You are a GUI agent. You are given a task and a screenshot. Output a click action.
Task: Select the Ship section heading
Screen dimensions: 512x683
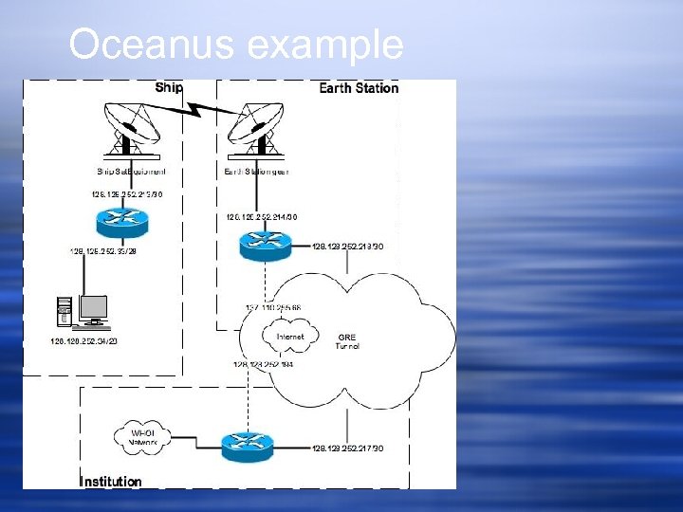169,87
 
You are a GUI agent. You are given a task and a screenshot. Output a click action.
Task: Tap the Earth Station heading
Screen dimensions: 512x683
359,88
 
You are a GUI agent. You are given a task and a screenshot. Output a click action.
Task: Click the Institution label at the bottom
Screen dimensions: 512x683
110,482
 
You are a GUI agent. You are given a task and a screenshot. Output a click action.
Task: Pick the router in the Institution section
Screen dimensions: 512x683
247,446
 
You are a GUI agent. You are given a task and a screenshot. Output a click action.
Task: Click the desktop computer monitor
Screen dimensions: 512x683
93,309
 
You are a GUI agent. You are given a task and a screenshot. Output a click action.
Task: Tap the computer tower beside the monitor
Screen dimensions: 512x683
65,314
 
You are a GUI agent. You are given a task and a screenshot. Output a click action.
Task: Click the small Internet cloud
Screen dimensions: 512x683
290,337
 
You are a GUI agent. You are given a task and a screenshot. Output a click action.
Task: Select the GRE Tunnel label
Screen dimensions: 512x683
347,341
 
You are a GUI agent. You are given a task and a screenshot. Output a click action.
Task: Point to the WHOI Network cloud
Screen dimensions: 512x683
142,436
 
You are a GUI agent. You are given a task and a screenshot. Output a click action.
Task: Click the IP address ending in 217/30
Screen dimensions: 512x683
347,448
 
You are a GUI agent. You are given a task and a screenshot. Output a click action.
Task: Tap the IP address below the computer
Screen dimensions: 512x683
84,341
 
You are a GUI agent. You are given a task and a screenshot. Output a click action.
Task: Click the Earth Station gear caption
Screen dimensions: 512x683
258,172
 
